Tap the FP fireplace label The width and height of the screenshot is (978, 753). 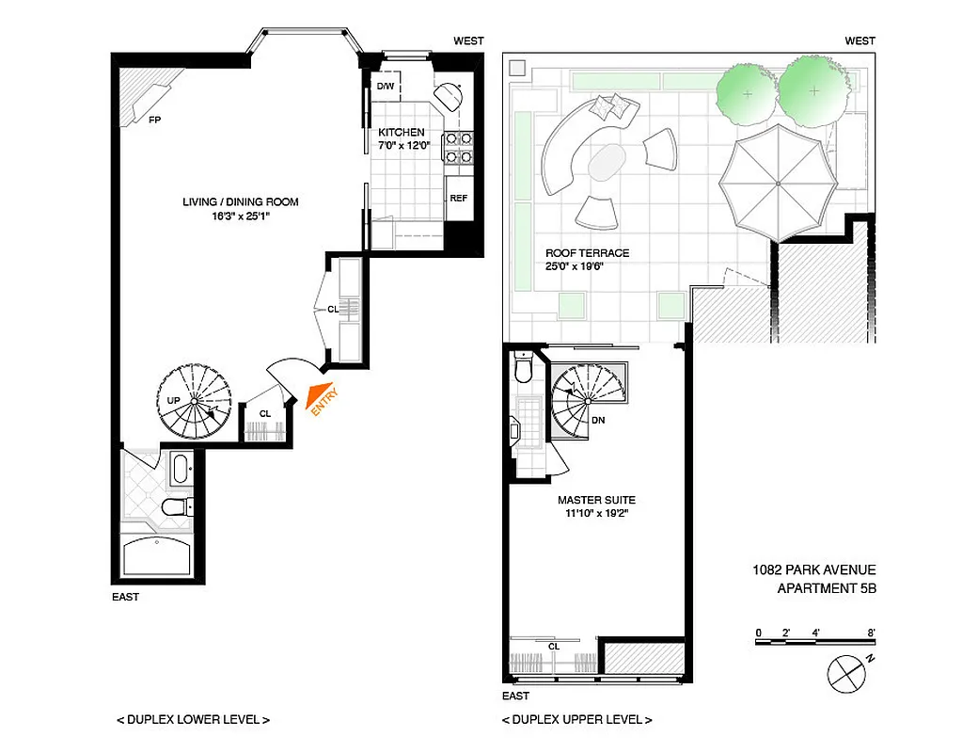click(x=153, y=120)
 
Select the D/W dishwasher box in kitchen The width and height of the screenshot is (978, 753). click(x=386, y=88)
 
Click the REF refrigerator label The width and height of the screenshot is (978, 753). click(x=458, y=199)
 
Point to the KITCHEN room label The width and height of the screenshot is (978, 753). click(x=402, y=133)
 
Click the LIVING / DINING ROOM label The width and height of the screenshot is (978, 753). click(x=242, y=202)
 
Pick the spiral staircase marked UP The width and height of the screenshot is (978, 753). click(x=194, y=403)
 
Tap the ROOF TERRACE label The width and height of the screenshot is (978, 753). click(x=587, y=253)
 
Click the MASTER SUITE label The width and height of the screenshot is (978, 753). click(x=596, y=500)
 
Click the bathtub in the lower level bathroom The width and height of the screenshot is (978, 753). click(x=159, y=558)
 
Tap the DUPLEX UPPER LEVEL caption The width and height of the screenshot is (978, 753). click(x=576, y=720)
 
